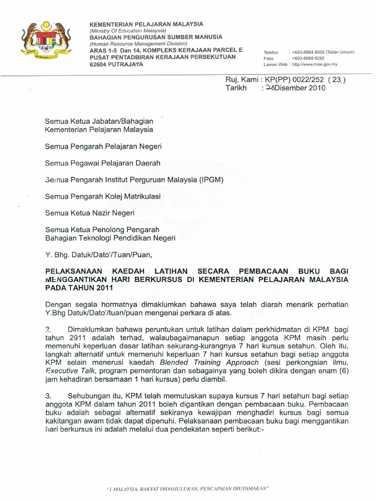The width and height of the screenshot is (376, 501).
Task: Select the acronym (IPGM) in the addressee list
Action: (211, 180)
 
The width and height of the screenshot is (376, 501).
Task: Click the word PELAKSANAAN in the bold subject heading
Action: (72, 271)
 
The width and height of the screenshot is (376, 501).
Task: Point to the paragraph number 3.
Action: (48, 395)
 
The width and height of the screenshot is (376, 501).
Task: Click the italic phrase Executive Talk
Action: (66, 371)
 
